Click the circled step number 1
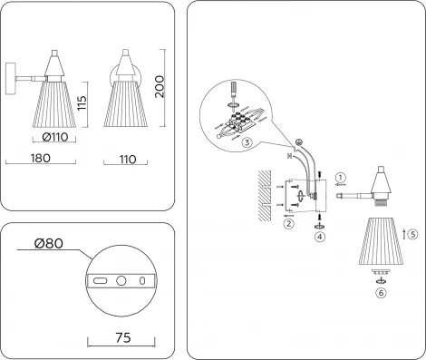[341, 177]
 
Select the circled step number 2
[289, 223]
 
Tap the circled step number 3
[246, 141]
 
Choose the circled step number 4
[318, 238]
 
